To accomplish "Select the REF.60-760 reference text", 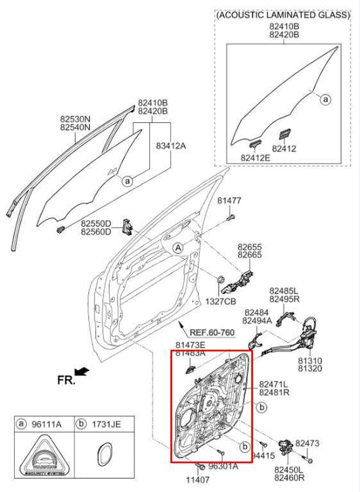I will pos(212,332).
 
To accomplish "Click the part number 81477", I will pos(229,201).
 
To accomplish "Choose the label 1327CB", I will pos(221,300).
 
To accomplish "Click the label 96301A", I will pos(223,466).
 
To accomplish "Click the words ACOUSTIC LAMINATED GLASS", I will pos(283,14).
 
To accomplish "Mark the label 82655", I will pos(249,248).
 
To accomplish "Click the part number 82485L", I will pos(283,289).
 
